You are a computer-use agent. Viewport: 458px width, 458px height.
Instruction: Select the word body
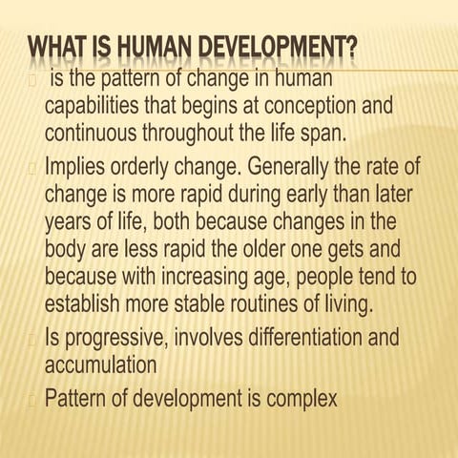click(x=67, y=254)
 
